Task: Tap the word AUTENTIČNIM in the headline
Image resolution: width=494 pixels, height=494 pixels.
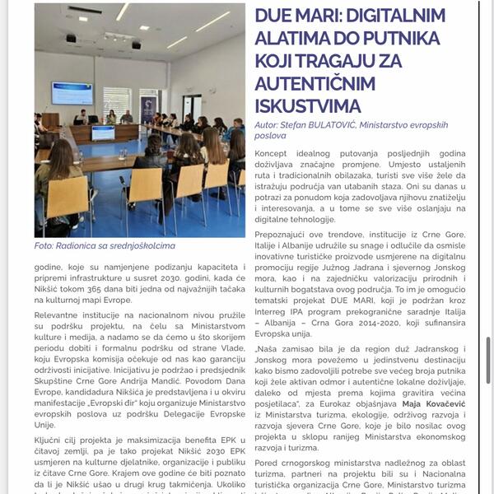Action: pos(312,83)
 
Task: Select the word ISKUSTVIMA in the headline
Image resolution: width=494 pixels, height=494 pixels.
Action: pos(308,105)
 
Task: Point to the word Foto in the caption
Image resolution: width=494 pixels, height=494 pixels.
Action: pos(44,245)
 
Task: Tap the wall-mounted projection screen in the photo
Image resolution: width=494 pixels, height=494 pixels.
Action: pos(72,93)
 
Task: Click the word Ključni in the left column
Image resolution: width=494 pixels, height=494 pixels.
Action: pos(52,439)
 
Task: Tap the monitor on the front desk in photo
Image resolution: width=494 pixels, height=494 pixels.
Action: pos(103,133)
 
